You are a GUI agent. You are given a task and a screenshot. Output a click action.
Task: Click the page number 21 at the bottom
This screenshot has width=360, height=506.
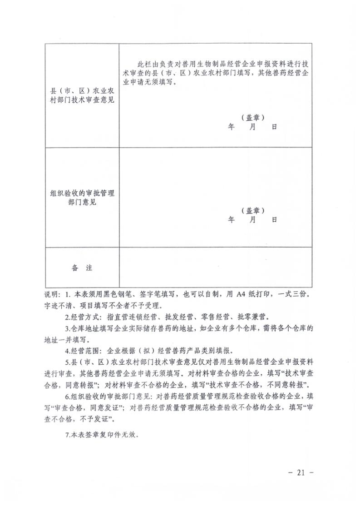pyautogui.click(x=300, y=472)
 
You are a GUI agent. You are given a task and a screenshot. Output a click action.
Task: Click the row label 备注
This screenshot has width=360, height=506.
pyautogui.click(x=82, y=268)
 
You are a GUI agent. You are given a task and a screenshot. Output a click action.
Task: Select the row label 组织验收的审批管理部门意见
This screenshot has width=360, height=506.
pyautogui.click(x=82, y=198)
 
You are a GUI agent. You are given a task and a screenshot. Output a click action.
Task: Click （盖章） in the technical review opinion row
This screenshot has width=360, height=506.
pyautogui.click(x=253, y=117)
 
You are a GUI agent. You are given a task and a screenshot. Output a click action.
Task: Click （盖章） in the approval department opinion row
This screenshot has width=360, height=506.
pyautogui.click(x=253, y=211)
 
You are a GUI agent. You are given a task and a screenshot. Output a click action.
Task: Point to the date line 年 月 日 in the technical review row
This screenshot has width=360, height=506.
pyautogui.click(x=252, y=127)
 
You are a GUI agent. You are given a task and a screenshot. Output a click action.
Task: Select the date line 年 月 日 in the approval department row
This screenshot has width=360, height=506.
pyautogui.click(x=252, y=220)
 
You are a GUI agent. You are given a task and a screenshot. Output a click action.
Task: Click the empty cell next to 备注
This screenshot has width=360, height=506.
pyautogui.click(x=216, y=268)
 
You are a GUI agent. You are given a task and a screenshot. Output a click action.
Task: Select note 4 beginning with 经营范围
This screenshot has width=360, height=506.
pyautogui.click(x=150, y=351)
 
